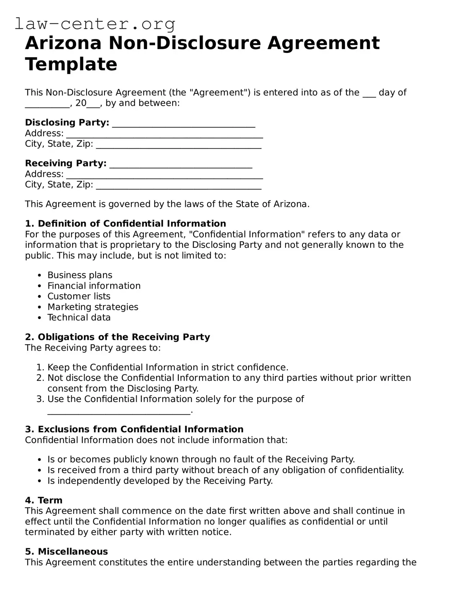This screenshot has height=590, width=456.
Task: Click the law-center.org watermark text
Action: tap(95, 24)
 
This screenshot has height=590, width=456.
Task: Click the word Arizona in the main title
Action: tap(63, 43)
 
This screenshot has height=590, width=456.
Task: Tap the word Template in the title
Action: tap(71, 64)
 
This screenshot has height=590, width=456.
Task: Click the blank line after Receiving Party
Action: tap(181, 164)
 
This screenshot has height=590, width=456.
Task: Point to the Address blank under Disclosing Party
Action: tap(164, 134)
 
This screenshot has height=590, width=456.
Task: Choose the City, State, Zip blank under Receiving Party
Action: tap(178, 185)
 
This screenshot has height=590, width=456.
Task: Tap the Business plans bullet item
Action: tap(80, 275)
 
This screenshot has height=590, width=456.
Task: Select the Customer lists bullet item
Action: tap(78, 296)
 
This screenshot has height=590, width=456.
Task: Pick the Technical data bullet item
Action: tap(79, 317)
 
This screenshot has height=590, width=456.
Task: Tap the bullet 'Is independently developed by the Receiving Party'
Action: tap(160, 481)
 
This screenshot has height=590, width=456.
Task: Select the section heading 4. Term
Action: tap(44, 500)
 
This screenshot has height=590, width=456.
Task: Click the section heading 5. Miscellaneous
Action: tap(66, 551)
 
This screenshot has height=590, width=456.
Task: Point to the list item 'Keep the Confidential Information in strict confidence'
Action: tap(167, 368)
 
